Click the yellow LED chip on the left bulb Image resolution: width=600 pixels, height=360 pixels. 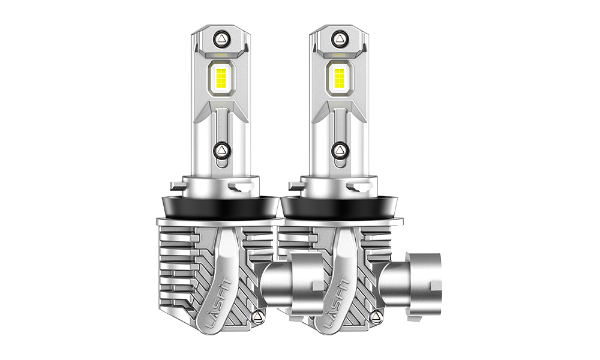[221, 79]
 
